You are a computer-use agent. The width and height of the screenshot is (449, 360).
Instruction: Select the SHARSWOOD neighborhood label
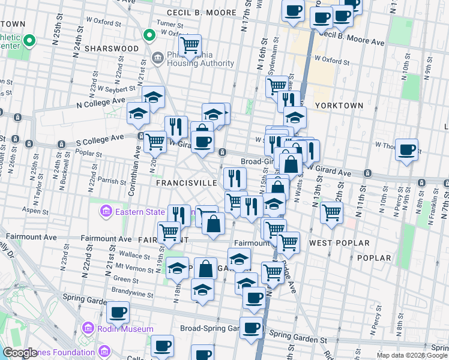tap(112, 48)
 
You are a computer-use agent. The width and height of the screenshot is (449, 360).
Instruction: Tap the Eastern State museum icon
tap(106, 211)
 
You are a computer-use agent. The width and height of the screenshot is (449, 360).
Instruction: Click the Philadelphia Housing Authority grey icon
tap(158, 58)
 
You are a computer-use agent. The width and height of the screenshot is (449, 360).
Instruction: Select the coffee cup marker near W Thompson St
tap(407, 149)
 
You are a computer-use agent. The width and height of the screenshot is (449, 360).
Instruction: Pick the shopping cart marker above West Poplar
tap(331, 212)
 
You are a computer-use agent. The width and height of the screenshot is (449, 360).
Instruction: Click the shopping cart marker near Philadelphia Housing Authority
tap(190, 45)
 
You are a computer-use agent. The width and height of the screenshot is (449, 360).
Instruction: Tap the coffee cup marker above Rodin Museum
tap(118, 312)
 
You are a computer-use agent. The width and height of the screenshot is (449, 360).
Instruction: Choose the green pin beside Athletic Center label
tap(29, 41)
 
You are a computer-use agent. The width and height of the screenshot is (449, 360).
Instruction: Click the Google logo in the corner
tap(20, 353)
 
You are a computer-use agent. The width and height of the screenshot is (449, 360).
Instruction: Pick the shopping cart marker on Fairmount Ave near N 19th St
tap(169, 232)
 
